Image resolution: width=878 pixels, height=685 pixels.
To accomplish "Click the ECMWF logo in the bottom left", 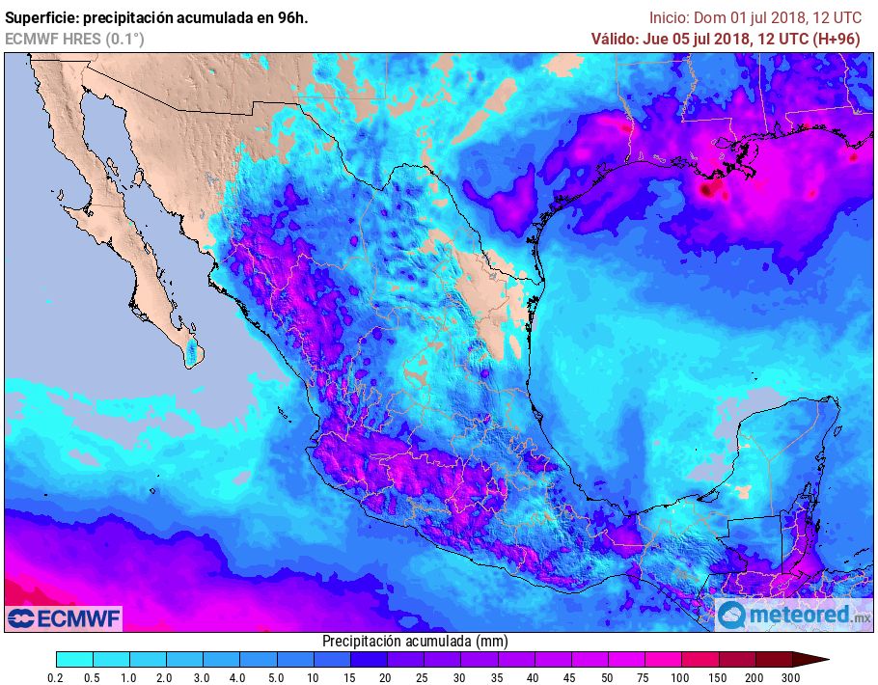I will point(64,617).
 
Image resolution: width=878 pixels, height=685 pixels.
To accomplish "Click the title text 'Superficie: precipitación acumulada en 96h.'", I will point(156,17).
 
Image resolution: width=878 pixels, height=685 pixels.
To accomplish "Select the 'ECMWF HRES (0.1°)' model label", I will point(74,39).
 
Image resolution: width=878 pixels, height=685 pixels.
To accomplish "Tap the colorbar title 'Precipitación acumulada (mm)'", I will point(415,641).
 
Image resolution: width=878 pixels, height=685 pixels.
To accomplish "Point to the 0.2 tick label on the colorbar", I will point(56,678).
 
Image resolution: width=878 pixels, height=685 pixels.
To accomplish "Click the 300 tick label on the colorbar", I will point(792,678).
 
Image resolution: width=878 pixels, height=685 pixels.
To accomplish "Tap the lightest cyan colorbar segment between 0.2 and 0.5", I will point(74,660).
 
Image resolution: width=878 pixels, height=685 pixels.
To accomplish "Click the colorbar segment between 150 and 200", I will point(737,660).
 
